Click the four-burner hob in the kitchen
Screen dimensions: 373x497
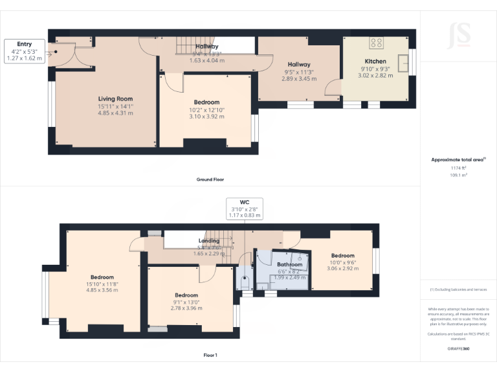click(376, 43)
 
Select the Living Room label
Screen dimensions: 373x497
click(115, 99)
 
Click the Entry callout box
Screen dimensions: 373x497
click(24, 51)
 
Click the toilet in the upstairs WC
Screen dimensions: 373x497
click(245, 282)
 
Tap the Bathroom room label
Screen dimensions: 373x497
click(289, 265)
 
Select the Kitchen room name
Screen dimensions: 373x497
click(375, 62)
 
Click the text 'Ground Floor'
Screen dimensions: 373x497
click(210, 179)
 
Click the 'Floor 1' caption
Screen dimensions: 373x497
click(210, 355)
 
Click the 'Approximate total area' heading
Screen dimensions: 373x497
click(457, 159)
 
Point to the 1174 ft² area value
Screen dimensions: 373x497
click(458, 168)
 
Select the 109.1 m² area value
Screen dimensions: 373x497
click(458, 175)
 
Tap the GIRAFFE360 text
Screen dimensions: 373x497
click(458, 348)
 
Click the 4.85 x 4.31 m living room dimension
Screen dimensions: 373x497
click(115, 113)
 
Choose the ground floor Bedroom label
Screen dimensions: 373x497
click(206, 102)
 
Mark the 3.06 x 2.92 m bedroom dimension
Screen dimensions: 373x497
click(343, 269)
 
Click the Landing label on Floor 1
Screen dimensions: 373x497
click(208, 241)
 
